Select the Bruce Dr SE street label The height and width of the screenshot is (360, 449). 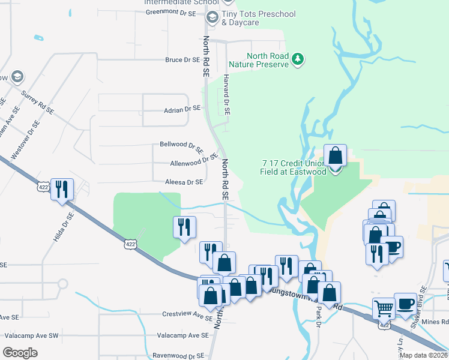(x=182, y=60)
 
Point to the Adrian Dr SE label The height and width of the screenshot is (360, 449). (x=182, y=110)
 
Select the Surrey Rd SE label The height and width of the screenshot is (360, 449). (x=37, y=102)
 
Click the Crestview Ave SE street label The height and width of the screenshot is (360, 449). (x=185, y=314)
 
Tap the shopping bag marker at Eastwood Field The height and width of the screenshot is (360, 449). (x=335, y=156)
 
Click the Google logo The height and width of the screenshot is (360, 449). (x=20, y=353)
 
